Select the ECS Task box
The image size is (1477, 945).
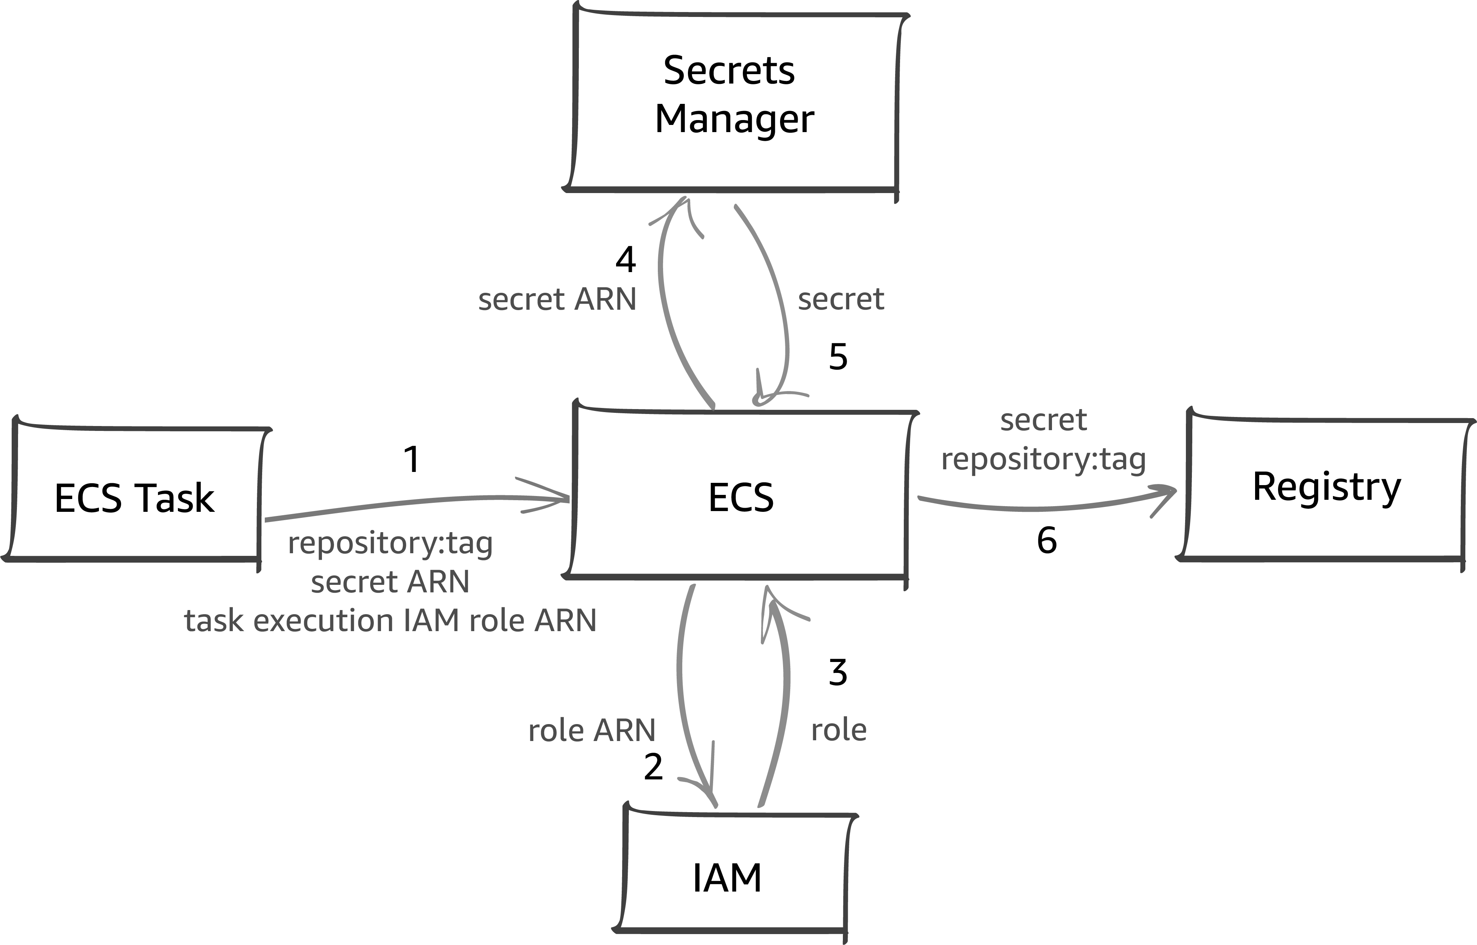pyautogui.click(x=135, y=497)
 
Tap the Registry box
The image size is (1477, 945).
pyautogui.click(x=1326, y=487)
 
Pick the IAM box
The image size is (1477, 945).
pyautogui.click(x=727, y=878)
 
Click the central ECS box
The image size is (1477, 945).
pyautogui.click(x=740, y=497)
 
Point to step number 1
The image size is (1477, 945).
pyautogui.click(x=411, y=459)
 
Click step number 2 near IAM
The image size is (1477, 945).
pyautogui.click(x=653, y=767)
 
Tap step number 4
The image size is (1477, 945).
pyautogui.click(x=625, y=260)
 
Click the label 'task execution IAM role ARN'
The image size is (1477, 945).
pyautogui.click(x=390, y=620)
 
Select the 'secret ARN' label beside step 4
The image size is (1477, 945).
pyautogui.click(x=557, y=300)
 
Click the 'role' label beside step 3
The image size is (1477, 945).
pyautogui.click(x=838, y=730)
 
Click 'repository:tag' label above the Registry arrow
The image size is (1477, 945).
pyautogui.click(x=1043, y=459)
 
